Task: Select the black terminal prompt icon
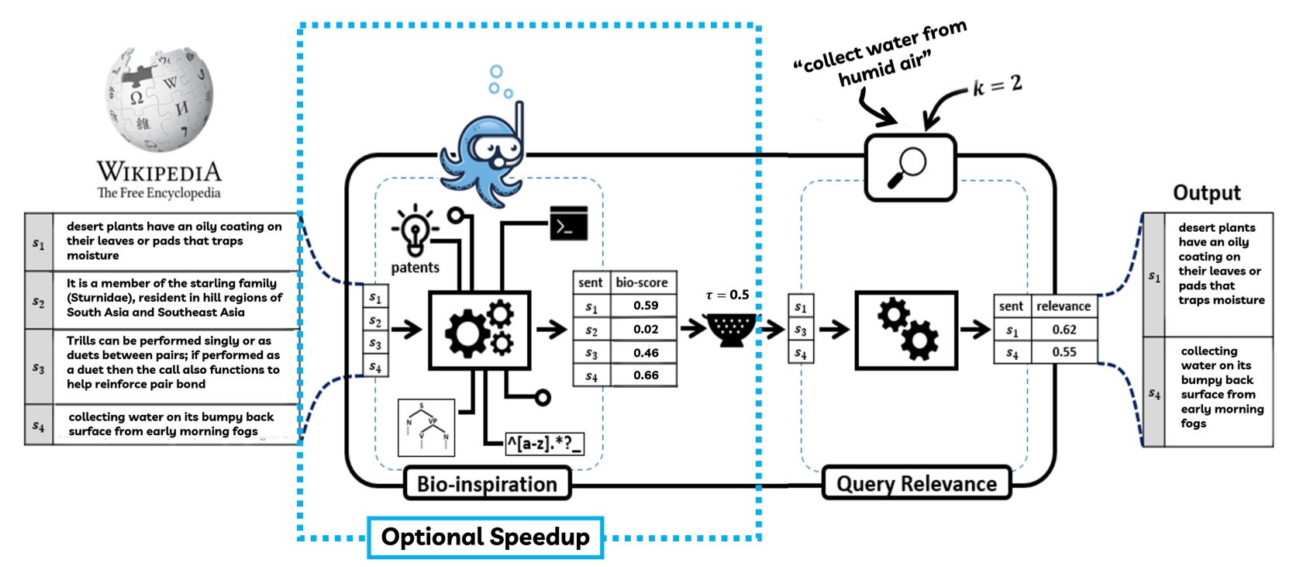point(568,224)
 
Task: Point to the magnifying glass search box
point(910,168)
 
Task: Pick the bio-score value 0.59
point(645,306)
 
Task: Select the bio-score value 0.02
point(645,329)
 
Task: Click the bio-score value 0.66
point(645,375)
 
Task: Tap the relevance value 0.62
point(1064,330)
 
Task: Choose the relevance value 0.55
point(1064,352)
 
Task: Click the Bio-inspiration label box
point(487,484)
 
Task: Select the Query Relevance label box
point(916,484)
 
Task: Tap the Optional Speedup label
point(485,537)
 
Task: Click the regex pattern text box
point(544,444)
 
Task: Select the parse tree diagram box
point(426,427)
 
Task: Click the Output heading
point(1206,193)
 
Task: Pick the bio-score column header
point(642,282)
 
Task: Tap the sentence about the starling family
point(174,298)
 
